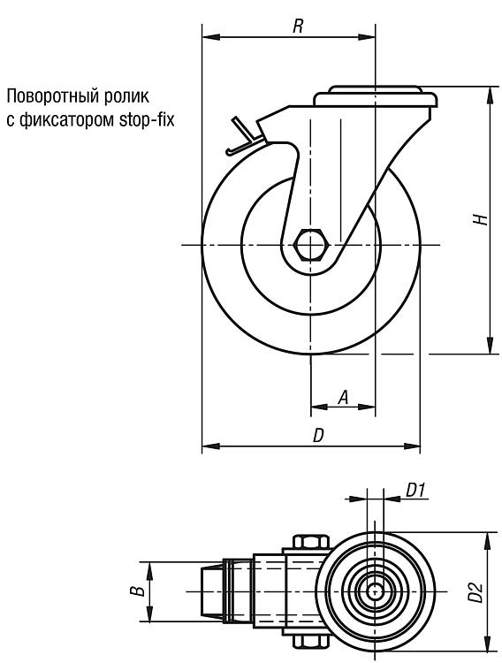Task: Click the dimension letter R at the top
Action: [298, 27]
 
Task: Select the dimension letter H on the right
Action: [481, 219]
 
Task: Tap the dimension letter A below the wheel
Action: [345, 398]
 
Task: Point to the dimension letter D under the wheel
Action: [318, 436]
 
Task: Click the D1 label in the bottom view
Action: [415, 491]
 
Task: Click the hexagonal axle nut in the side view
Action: [310, 245]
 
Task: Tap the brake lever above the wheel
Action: [244, 136]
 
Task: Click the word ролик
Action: [129, 97]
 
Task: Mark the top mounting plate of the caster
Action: [376, 97]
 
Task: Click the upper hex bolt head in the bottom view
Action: [310, 542]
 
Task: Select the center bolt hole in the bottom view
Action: [375, 591]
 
